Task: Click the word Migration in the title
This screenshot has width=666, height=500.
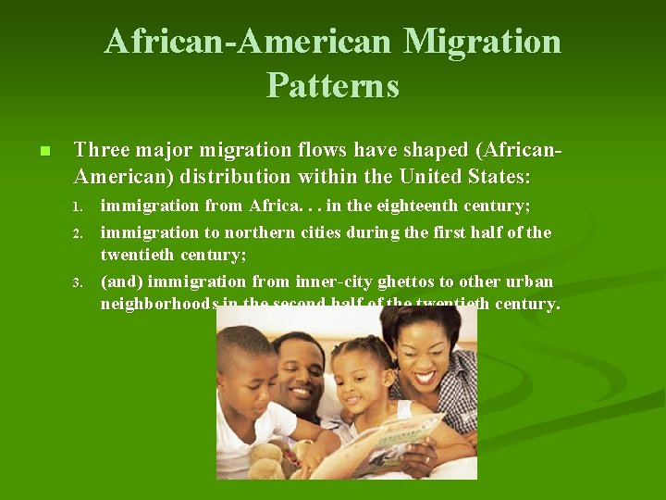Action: pyautogui.click(x=482, y=42)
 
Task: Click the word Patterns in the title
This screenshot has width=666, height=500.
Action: pyautogui.click(x=333, y=85)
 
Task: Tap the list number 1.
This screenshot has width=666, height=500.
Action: pyautogui.click(x=80, y=206)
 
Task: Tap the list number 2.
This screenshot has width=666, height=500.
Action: pyautogui.click(x=80, y=233)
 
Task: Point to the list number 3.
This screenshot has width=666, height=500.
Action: pyautogui.click(x=80, y=282)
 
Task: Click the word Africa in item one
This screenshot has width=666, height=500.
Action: pyautogui.click(x=272, y=206)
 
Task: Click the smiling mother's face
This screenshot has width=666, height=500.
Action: pyautogui.click(x=422, y=353)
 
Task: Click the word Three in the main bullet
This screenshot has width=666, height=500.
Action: pyautogui.click(x=102, y=149)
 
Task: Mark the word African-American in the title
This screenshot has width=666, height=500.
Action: pyautogui.click(x=250, y=42)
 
